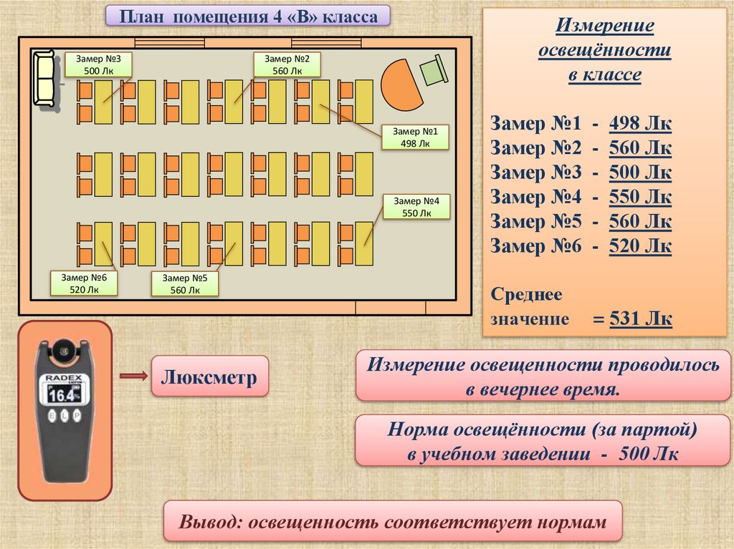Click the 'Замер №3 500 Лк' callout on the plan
[x=98, y=64]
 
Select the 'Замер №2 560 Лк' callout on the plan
[x=287, y=64]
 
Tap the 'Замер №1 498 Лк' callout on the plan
[x=415, y=137]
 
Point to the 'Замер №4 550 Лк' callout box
[x=416, y=207]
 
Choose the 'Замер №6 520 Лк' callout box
[x=84, y=283]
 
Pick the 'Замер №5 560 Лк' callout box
[x=185, y=283]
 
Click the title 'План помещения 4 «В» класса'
[x=248, y=16]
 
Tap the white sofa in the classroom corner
[x=45, y=79]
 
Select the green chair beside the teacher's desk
[x=432, y=72]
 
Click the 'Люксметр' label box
[x=209, y=376]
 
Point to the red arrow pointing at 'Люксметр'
[x=133, y=376]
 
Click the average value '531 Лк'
[x=640, y=319]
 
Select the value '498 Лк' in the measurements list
[x=640, y=125]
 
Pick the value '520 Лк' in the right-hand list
[x=640, y=246]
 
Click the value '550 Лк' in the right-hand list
[x=640, y=198]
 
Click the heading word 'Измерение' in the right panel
[x=605, y=26]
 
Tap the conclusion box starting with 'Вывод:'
[x=393, y=520]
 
